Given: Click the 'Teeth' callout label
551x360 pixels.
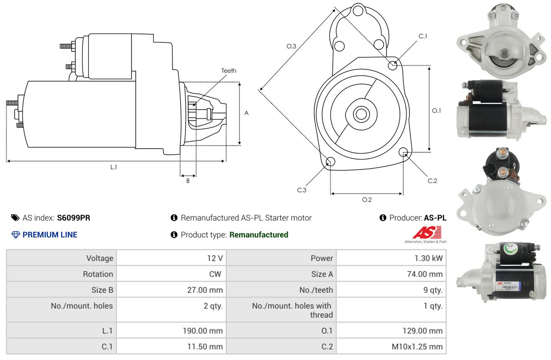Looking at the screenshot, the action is pos(229,71).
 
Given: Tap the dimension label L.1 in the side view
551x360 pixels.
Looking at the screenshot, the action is pos(113,167).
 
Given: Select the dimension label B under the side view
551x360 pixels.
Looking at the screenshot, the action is pos(188,181).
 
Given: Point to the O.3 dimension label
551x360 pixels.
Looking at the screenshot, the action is pos(291,46).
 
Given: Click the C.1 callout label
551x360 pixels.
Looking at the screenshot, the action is pos(423,36).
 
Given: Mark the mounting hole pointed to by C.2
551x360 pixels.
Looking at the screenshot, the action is pos(403,152).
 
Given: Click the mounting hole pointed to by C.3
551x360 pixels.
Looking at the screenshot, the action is pos(330,162).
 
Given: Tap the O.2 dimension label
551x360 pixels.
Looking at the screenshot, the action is pos(367,200).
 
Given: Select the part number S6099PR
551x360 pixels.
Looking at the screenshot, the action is pos(74,218).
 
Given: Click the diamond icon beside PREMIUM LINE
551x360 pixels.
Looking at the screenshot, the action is pos(16,234).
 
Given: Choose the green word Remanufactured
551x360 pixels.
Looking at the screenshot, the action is pos(259,234).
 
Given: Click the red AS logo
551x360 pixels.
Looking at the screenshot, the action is pos(427,232).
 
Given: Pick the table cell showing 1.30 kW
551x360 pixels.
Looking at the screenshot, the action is pos(428,258).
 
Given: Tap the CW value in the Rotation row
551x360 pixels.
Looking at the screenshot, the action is pos(215,274).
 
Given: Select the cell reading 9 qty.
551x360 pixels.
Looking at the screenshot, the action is pos(433,290).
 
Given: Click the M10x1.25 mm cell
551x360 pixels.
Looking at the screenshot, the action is pos(417,347).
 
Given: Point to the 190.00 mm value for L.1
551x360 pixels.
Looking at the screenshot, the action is pos(203,331).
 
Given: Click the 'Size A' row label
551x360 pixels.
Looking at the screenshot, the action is pos(322,274).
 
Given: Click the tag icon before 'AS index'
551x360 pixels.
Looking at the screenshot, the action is pos(15,218).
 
